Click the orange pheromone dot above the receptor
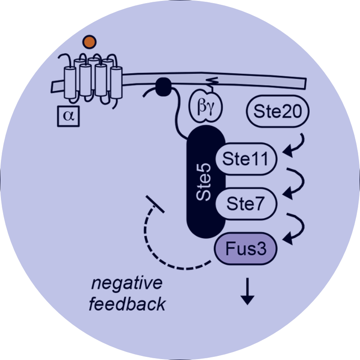[90, 42]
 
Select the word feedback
[126, 305]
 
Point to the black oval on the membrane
[163, 85]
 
